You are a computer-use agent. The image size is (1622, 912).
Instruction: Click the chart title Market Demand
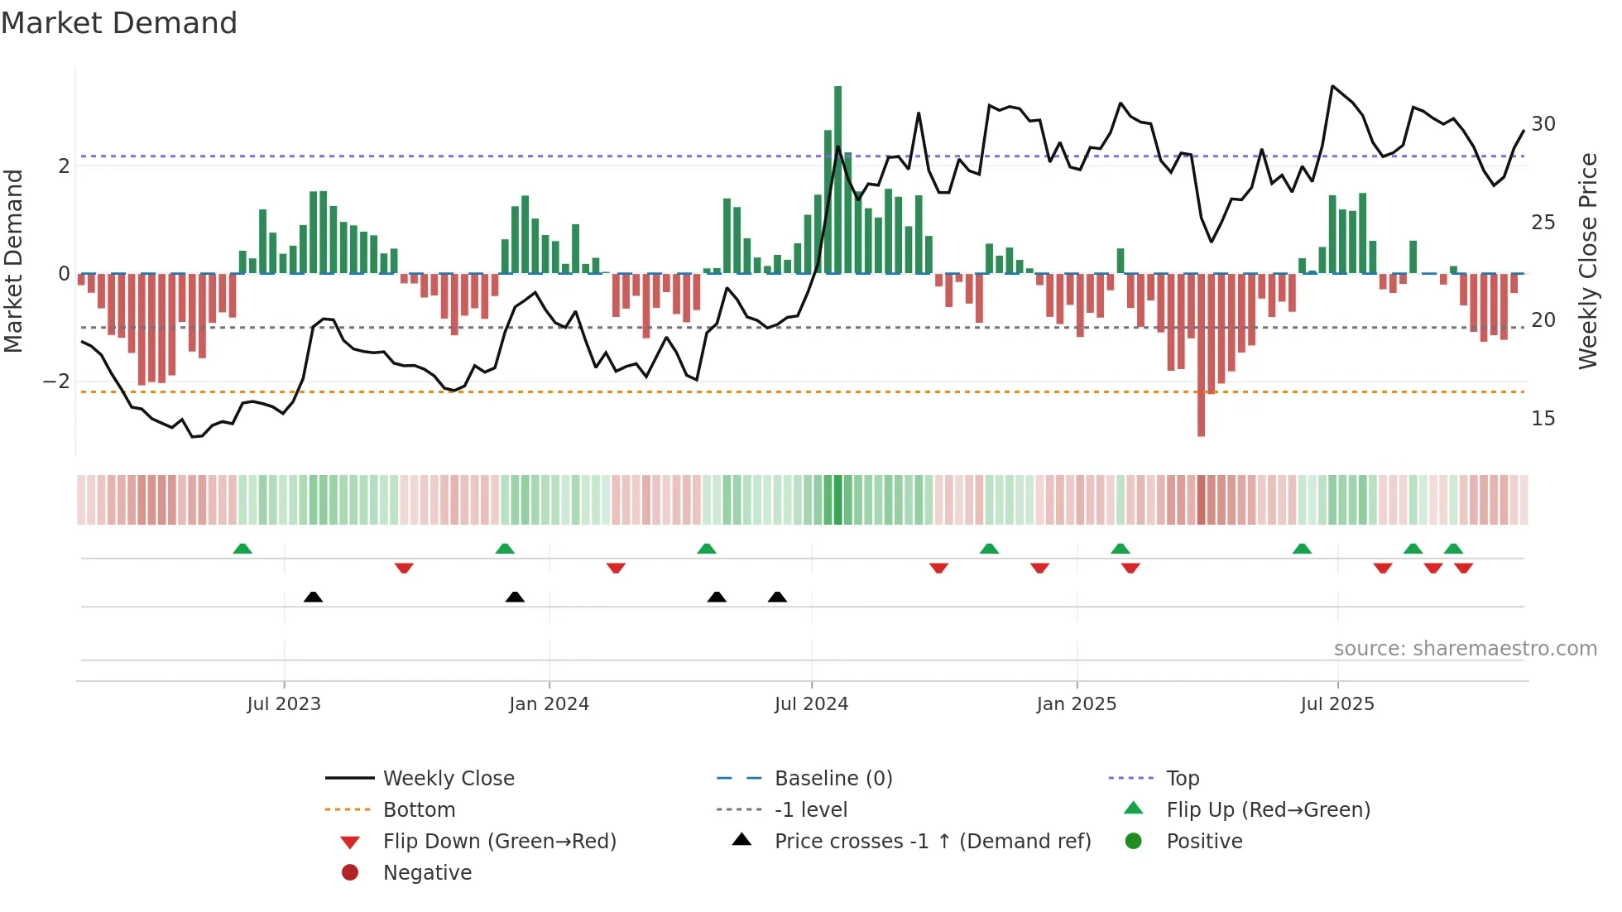[x=119, y=22]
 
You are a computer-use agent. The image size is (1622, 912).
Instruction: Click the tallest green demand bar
[x=837, y=178]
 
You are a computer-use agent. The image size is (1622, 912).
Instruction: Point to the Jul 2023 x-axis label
[x=284, y=704]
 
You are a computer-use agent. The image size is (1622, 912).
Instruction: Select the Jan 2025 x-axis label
[x=1076, y=704]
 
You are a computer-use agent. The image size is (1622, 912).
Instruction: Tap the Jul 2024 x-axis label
[x=811, y=704]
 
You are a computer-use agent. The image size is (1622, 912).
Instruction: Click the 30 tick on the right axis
[x=1543, y=124]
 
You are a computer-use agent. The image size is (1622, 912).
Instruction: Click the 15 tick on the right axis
[x=1543, y=419]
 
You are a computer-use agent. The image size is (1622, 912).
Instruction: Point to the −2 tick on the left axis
[x=56, y=382]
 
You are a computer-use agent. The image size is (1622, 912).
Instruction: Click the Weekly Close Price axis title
[x=1587, y=261]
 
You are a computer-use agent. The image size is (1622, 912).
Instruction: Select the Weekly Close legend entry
[x=448, y=779]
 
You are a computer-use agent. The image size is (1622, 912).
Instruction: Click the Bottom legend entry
[x=419, y=810]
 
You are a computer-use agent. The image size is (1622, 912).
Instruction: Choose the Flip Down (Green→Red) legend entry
[x=499, y=842]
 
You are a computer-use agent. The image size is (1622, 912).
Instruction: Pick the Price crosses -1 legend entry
[x=932, y=842]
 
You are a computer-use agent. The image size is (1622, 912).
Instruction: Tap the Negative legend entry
[x=427, y=873]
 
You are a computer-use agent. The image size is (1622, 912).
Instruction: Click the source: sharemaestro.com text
[x=1465, y=649]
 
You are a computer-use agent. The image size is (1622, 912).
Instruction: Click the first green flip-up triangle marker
[x=242, y=549]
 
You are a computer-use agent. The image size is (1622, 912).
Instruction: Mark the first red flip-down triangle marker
[x=404, y=568]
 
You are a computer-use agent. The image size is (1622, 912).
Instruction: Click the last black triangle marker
[x=777, y=597]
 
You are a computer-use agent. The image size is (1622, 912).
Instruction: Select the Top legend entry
[x=1182, y=779]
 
